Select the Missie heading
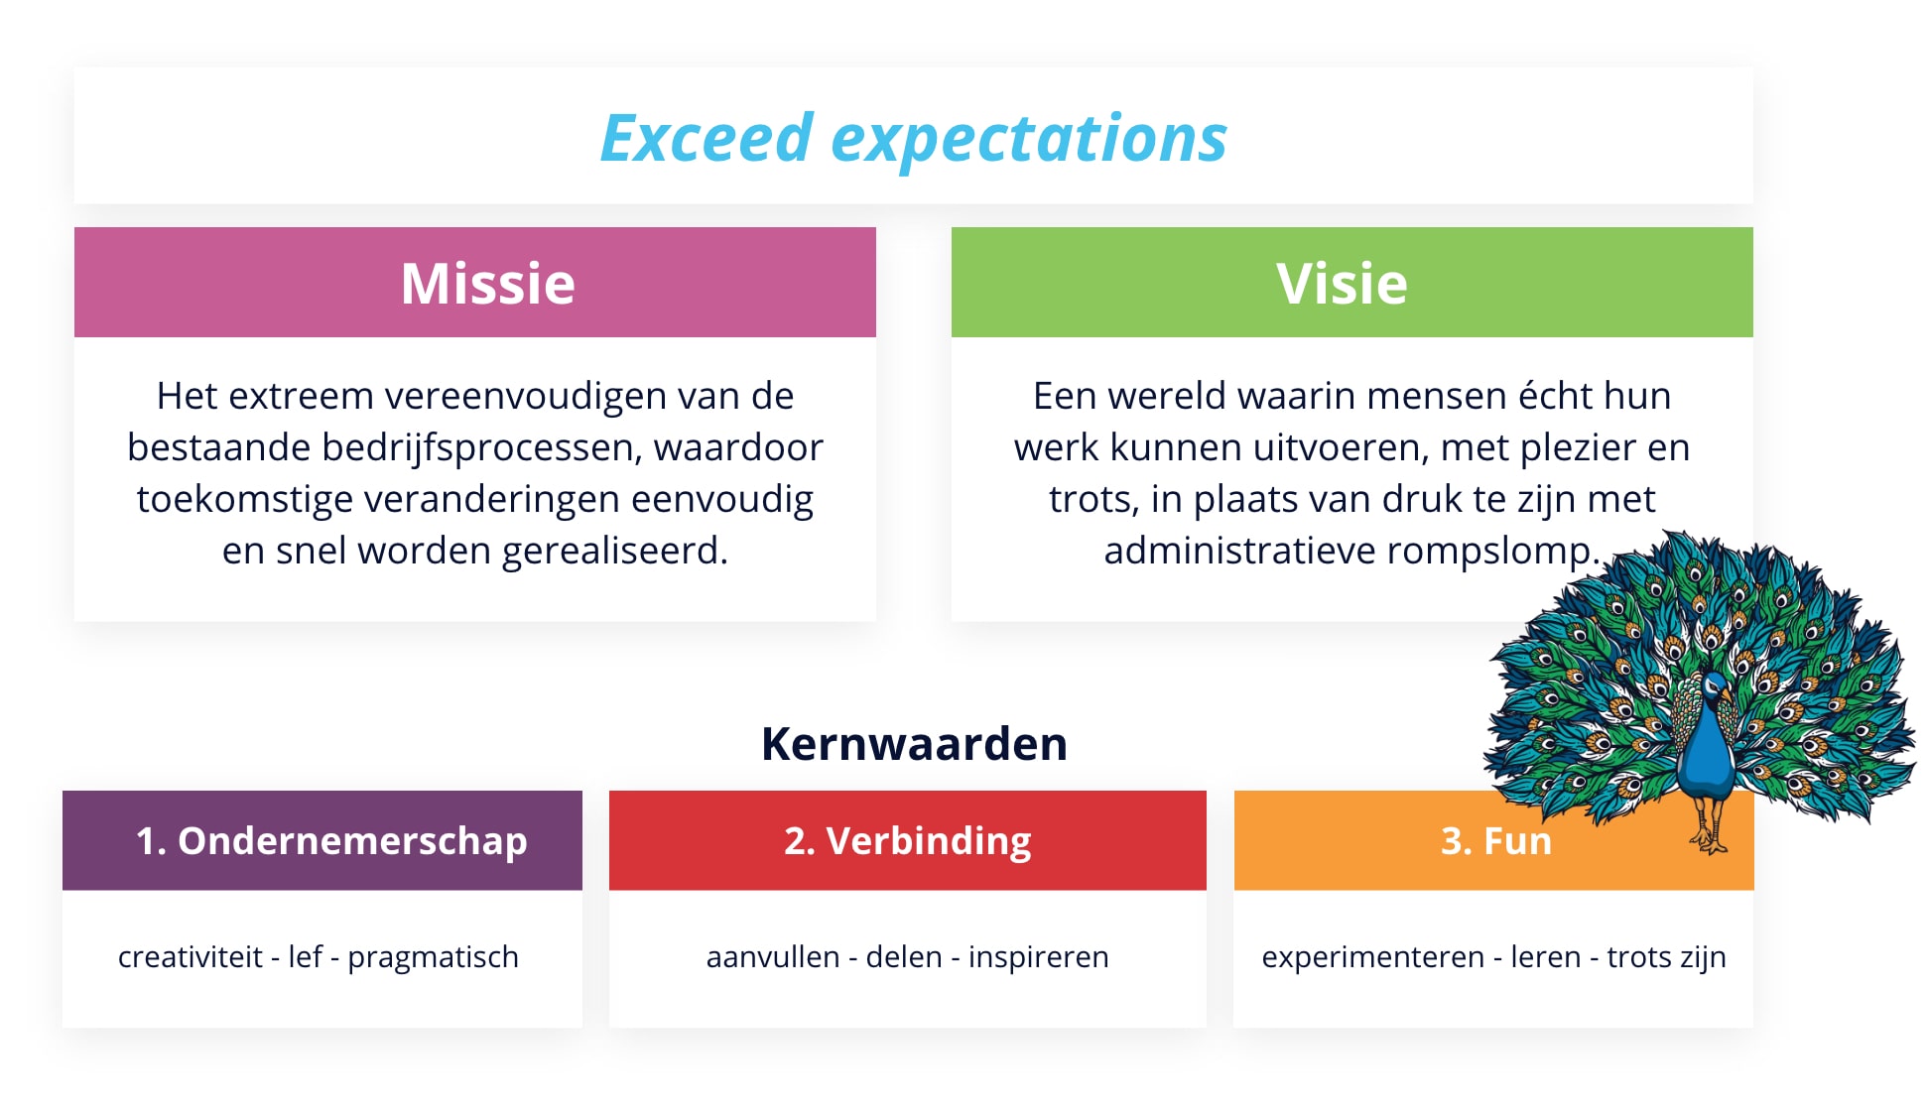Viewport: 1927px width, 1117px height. click(x=487, y=284)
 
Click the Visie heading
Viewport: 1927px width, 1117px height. click(x=1342, y=284)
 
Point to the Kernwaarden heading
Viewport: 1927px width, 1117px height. click(x=914, y=744)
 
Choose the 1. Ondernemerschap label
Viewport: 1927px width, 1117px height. click(x=331, y=841)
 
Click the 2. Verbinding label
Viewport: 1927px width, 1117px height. click(x=908, y=841)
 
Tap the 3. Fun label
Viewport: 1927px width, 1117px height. click(x=1496, y=841)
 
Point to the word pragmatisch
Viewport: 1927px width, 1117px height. click(x=433, y=957)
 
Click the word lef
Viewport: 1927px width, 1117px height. click(x=306, y=956)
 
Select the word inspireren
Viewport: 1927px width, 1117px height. click(x=1038, y=957)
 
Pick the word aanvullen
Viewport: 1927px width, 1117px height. click(x=773, y=956)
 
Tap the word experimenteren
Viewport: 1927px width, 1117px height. click(x=1372, y=957)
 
